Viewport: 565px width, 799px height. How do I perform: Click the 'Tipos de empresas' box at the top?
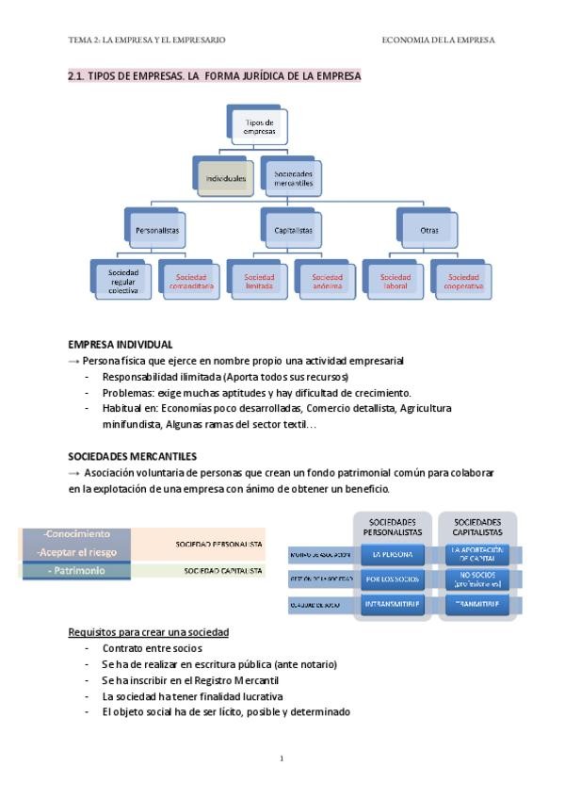[x=259, y=127]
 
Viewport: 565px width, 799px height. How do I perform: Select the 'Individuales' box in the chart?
[x=226, y=177]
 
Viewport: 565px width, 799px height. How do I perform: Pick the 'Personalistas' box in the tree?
[x=157, y=229]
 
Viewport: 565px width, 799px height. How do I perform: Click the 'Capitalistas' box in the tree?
[x=293, y=229]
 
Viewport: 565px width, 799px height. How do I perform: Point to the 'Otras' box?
[x=428, y=229]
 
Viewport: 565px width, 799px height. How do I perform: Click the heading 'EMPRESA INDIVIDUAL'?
[x=120, y=345]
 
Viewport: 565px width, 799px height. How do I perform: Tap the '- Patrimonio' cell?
[x=76, y=571]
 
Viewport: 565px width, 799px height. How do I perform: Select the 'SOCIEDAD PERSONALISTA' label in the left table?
[x=219, y=544]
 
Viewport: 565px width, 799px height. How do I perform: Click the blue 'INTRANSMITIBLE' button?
[x=393, y=604]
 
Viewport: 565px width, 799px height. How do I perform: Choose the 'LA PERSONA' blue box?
[x=393, y=554]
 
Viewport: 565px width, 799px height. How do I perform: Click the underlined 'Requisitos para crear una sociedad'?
[x=149, y=631]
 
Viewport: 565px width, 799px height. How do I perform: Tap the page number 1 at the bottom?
[x=282, y=758]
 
